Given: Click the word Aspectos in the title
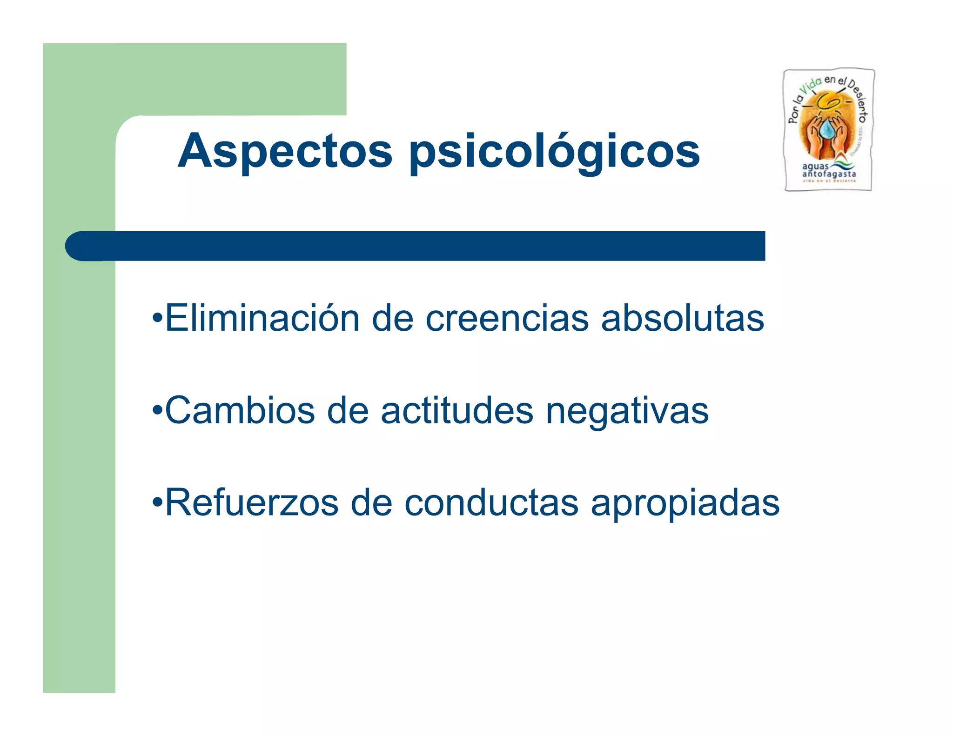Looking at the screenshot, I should (285, 151).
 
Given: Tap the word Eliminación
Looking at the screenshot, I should (262, 318).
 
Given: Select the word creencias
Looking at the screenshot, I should (507, 318).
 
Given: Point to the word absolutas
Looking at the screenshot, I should (682, 318).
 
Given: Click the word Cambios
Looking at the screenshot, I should (240, 410).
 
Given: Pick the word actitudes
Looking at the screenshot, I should (457, 410).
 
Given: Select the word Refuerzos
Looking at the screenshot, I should (252, 502).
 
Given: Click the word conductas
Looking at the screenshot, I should (491, 502).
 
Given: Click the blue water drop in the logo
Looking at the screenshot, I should (827, 129).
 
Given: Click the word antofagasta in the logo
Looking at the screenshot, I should (829, 174).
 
